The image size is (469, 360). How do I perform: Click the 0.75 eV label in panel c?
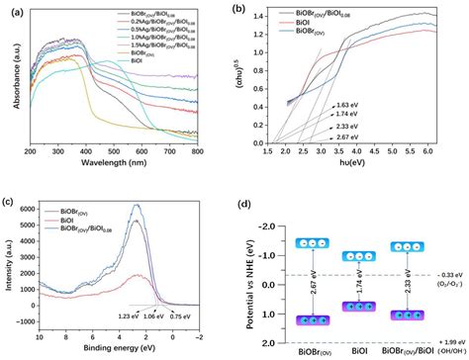pyautogui.click(x=178, y=316)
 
